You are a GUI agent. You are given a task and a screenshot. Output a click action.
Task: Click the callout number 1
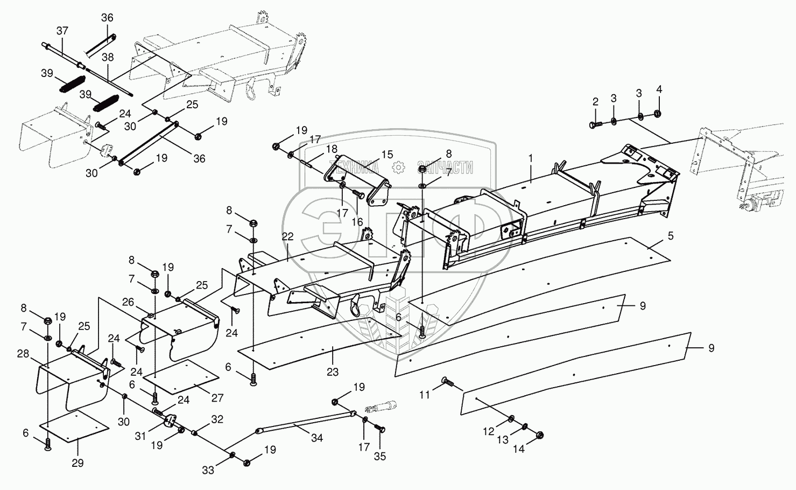[x=531, y=158]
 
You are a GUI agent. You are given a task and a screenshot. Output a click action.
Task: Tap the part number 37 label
[x=62, y=31]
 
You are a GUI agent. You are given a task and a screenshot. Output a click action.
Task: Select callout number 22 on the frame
[x=288, y=236]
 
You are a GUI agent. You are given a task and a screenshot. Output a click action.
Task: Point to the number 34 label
[x=316, y=438]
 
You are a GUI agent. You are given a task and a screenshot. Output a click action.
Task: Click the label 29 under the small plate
[x=78, y=463]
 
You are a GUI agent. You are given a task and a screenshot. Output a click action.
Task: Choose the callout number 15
[x=388, y=155]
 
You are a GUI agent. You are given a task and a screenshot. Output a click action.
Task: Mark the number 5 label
[x=671, y=236]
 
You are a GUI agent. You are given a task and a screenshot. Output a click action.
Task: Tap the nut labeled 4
[x=657, y=114]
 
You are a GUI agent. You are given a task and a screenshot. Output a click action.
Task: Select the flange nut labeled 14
[x=539, y=435]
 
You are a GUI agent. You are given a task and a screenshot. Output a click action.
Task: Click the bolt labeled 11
[x=448, y=382]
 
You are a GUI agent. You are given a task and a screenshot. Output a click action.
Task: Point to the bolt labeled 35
[x=379, y=429]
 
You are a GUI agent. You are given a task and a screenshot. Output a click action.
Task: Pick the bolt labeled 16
[x=358, y=193]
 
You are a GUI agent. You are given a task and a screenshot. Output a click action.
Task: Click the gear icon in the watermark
[x=398, y=167]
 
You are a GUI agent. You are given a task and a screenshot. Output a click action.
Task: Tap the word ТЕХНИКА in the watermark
[x=354, y=167]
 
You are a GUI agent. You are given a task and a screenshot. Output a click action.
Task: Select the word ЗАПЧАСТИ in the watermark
[x=445, y=167]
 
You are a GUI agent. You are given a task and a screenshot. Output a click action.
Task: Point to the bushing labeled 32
[x=195, y=433]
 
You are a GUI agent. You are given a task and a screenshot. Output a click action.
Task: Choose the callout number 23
[x=333, y=372]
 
